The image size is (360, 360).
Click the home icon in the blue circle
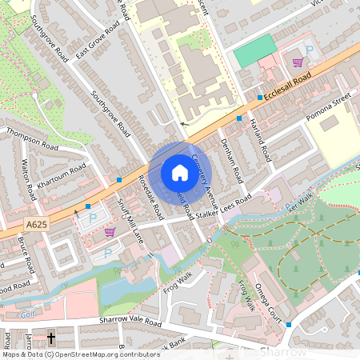point(179,173)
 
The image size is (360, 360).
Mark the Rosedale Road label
point(151,198)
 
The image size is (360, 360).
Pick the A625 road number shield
point(34,225)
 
